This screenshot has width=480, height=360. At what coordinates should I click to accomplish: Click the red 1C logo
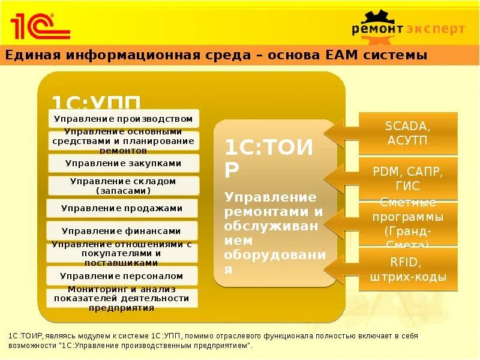pos(39,26)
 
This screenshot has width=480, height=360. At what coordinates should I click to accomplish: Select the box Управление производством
pos(123,119)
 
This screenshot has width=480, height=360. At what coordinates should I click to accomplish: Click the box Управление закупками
pos(123,163)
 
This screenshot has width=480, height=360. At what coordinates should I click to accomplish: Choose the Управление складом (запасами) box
pos(123,185)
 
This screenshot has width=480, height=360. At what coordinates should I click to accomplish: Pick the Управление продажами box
pos(122,208)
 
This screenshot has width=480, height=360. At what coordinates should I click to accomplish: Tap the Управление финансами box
pos(122,230)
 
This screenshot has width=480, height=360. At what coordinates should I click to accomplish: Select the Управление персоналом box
pos(122,276)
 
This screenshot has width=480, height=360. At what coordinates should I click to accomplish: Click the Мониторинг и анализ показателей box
pos(122,298)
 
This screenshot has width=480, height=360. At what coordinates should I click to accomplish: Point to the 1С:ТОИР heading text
pos(269,157)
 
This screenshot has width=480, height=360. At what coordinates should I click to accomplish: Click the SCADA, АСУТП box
pos(408,133)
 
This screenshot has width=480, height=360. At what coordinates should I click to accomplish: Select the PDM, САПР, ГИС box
pos(408,178)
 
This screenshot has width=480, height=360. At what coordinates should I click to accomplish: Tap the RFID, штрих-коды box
pos(408,269)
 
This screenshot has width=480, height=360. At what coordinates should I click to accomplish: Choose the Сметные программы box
pos(408,223)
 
